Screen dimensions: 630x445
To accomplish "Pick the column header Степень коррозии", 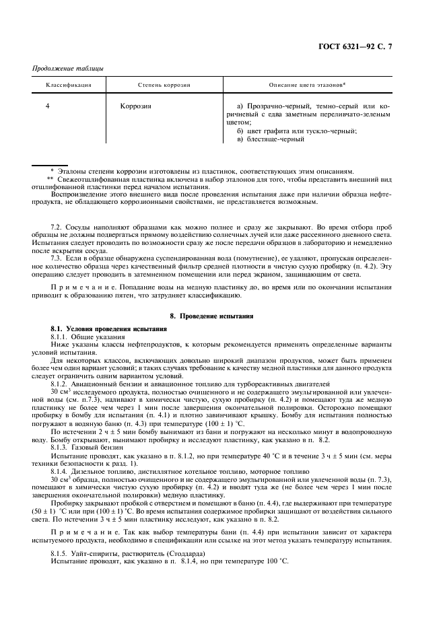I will pyautogui.click(x=164, y=86).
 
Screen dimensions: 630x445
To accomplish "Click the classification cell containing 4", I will pyautogui.click(x=47, y=106).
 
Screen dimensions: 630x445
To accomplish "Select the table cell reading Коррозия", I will pyautogui.click(x=135, y=106).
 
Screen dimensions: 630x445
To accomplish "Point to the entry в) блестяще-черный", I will pyautogui.click(x=271, y=139).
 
